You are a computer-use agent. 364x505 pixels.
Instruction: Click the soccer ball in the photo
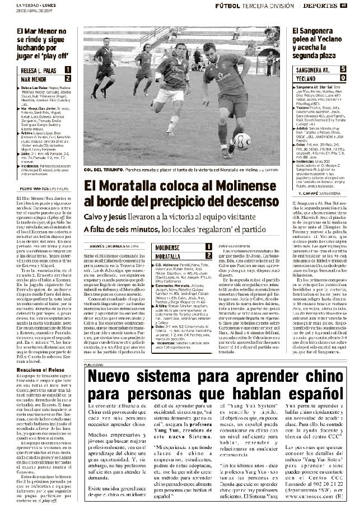(242, 141)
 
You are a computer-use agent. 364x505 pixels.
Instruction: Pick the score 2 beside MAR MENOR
(68, 78)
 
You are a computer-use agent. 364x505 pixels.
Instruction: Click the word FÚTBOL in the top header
(227, 6)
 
